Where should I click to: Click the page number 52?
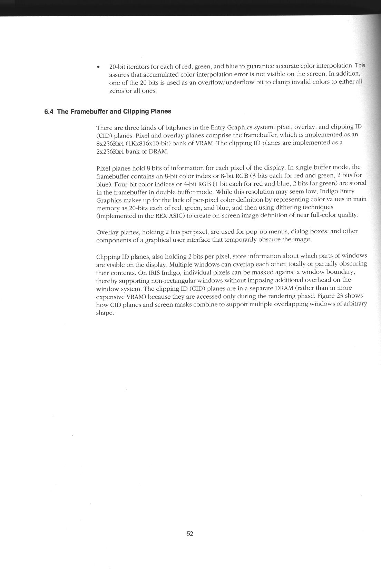(190, 534)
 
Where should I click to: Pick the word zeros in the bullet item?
(116, 91)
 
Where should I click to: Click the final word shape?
(104, 313)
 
